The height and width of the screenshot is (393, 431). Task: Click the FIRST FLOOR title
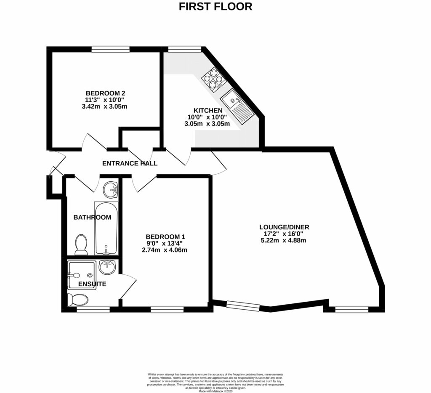coord(215,6)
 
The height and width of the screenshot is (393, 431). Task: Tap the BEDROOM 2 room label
coord(106,93)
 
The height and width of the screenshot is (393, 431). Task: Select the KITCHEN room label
coord(208,110)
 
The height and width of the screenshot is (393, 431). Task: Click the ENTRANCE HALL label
coord(130,163)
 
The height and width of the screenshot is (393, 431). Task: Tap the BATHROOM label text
coord(92,218)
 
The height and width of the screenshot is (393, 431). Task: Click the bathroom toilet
coord(81,245)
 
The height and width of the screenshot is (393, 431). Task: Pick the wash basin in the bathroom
coord(111,189)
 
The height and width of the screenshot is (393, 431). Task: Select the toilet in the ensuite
coord(78,300)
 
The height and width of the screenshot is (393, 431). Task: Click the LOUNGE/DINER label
coord(282,227)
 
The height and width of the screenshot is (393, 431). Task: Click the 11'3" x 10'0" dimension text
coord(106,100)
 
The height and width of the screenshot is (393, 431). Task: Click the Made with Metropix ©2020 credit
coord(215,391)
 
